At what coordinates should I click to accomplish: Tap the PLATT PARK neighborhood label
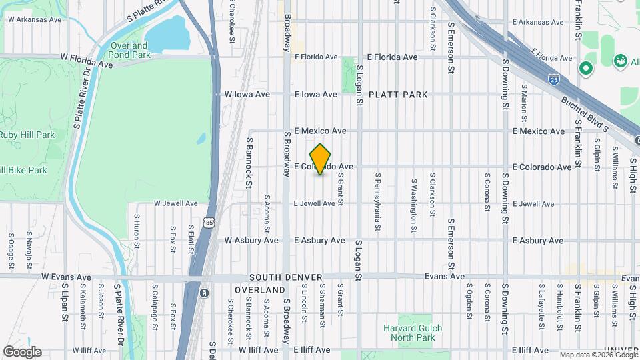pyautogui.click(x=397, y=95)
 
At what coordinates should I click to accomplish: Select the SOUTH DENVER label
pyautogui.click(x=286, y=277)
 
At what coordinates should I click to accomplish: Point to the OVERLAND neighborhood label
pyautogui.click(x=259, y=291)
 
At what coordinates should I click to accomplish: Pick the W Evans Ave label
pyautogui.click(x=66, y=277)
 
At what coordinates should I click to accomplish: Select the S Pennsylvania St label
pyautogui.click(x=377, y=203)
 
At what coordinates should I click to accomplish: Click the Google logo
pyautogui.click(x=22, y=352)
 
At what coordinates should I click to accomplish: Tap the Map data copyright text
pyautogui.click(x=598, y=355)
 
